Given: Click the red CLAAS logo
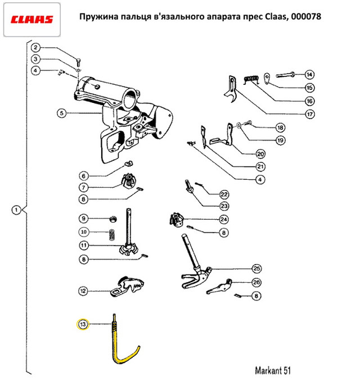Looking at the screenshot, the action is tap(31, 20).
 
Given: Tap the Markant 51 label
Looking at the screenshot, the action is tap(272, 370).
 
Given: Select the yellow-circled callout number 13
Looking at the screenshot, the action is tap(83, 324).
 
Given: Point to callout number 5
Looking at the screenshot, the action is tap(62, 113).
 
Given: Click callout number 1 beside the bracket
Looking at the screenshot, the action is tap(16, 210).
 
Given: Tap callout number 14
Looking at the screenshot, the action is tap(309, 74).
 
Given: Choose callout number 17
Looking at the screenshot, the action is tap(309, 114).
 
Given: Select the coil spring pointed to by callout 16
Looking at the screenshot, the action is tap(251, 79).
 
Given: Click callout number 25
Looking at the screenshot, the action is tap(256, 268).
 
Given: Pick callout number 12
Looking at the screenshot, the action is tap(83, 291).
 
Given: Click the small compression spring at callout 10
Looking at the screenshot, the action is tap(112, 235).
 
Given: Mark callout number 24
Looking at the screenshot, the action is tap(224, 219).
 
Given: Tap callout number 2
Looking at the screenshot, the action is tap(35, 47).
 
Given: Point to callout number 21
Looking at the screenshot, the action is tap(260, 167).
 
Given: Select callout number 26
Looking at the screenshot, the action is tap(256, 282).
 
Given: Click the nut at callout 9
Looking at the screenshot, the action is tap(113, 219).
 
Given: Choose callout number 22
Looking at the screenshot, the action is tap(224, 194).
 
